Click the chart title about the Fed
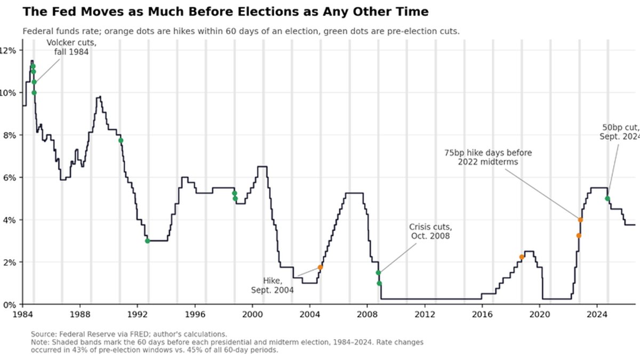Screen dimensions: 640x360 point(226,12)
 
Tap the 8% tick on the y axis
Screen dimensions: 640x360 point(9,135)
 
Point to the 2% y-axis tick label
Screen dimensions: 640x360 point(9,262)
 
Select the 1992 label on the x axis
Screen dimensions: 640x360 point(137,314)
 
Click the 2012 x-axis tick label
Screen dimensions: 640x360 point(425,314)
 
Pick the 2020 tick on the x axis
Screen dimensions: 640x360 point(540,314)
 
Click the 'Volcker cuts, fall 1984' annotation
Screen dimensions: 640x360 point(71,47)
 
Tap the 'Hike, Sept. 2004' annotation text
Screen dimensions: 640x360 point(273,285)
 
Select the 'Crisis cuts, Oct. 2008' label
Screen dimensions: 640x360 point(430,231)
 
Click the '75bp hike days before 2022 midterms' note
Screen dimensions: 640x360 point(488,157)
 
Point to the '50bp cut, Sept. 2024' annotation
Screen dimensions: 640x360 point(619,132)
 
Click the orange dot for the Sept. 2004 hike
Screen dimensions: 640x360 point(321,267)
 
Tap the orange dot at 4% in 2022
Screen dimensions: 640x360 point(580,220)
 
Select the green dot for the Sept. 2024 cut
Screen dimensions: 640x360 point(607,198)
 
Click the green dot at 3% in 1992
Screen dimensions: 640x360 point(147,241)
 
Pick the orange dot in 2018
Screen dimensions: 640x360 point(522,257)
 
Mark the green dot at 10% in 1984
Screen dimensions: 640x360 point(34,93)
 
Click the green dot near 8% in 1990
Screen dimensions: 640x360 point(121,140)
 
